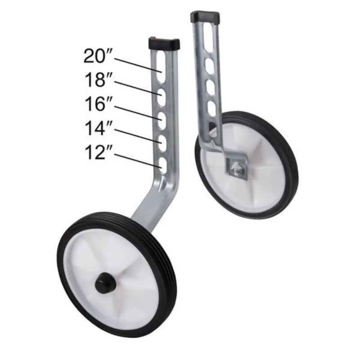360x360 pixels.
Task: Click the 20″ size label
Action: tap(98, 56)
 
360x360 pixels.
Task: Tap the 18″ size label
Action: tap(98, 80)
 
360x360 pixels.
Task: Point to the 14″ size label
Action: tap(98, 128)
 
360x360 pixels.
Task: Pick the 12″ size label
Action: tap(98, 153)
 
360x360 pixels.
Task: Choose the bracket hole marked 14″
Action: tap(162, 143)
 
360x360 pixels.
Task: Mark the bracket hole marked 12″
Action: tap(162, 165)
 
